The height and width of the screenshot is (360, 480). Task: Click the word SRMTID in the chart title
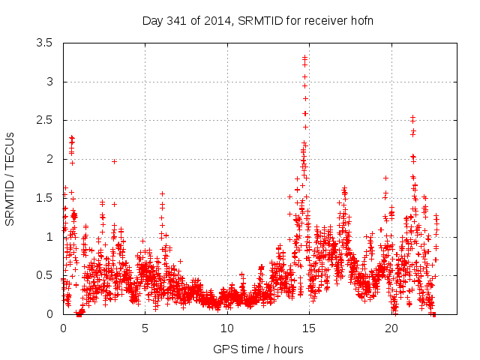tap(257, 20)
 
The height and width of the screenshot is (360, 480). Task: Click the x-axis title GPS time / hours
tap(258, 349)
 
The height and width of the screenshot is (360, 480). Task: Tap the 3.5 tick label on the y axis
tap(43, 43)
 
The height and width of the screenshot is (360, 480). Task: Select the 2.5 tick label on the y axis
tap(43, 121)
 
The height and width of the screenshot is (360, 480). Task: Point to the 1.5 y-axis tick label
tap(43, 198)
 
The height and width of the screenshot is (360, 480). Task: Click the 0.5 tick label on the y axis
tap(43, 275)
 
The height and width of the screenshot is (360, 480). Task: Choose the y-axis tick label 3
tap(49, 82)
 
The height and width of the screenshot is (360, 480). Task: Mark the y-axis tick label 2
tap(49, 159)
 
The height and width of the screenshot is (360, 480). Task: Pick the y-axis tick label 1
tap(49, 236)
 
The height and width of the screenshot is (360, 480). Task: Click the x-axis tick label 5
tap(145, 328)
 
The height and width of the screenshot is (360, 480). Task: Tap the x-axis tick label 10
tap(227, 328)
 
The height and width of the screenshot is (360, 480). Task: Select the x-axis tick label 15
tap(310, 328)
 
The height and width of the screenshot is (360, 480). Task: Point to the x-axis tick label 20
tap(391, 328)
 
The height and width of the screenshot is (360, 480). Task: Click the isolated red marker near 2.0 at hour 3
tap(114, 161)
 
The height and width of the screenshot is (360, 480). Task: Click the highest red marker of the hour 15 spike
tap(305, 57)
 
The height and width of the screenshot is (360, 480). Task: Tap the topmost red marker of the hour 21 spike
tap(412, 118)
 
